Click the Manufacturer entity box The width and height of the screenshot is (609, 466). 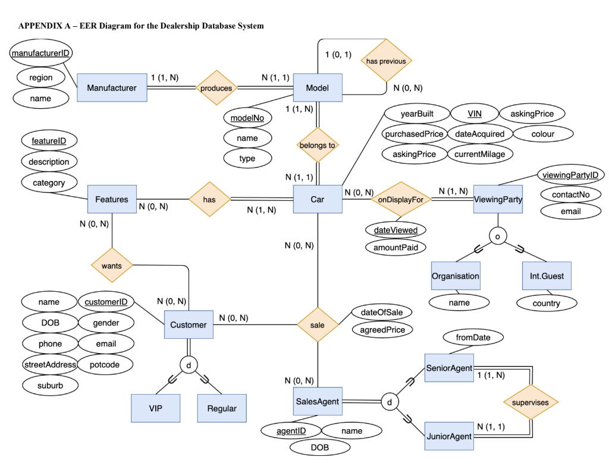(112, 88)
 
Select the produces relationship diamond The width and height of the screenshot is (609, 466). (216, 88)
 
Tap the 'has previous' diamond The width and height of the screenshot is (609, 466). (386, 61)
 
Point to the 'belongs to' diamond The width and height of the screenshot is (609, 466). (318, 145)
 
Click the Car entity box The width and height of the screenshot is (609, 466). (318, 199)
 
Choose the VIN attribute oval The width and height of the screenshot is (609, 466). (474, 114)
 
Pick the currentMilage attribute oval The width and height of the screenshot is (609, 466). (479, 154)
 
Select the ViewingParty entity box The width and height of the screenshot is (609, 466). (498, 199)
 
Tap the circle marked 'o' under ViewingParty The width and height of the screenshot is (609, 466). (498, 237)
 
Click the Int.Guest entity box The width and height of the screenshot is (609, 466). (547, 276)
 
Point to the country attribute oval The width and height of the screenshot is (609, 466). (546, 303)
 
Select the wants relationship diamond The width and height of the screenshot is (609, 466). (111, 266)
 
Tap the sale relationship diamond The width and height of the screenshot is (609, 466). (318, 325)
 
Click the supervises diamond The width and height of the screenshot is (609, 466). (530, 402)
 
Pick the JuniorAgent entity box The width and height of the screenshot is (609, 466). (450, 436)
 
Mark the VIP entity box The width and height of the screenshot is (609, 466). (155, 408)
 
